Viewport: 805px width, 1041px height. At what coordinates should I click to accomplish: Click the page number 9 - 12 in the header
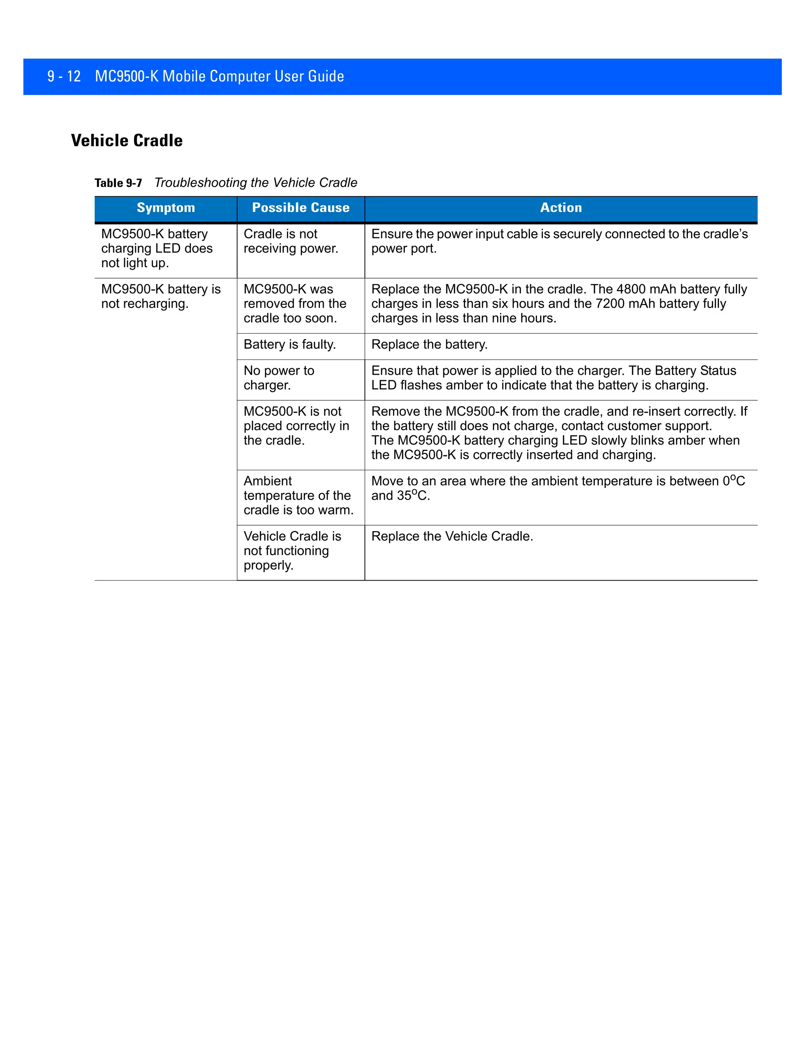click(x=64, y=76)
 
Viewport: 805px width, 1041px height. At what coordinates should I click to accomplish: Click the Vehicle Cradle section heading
click(x=127, y=141)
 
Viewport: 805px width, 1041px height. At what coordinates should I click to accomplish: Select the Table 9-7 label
click(x=118, y=183)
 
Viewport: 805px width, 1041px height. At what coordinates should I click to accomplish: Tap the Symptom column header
click(x=166, y=208)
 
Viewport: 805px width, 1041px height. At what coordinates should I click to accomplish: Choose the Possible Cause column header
click(x=300, y=208)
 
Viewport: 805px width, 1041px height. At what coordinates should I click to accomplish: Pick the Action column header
click(x=561, y=208)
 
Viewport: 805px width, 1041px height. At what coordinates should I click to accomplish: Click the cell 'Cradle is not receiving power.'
click(x=290, y=241)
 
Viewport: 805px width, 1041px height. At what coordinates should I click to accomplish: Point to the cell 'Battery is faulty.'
click(x=289, y=344)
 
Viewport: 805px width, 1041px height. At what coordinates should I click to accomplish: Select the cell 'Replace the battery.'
click(x=429, y=344)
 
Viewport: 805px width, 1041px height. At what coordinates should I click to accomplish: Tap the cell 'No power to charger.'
click(x=279, y=378)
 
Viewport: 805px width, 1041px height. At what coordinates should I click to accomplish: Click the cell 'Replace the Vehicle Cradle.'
click(x=452, y=536)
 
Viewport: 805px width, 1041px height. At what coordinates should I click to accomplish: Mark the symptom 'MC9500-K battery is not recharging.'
click(x=161, y=296)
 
